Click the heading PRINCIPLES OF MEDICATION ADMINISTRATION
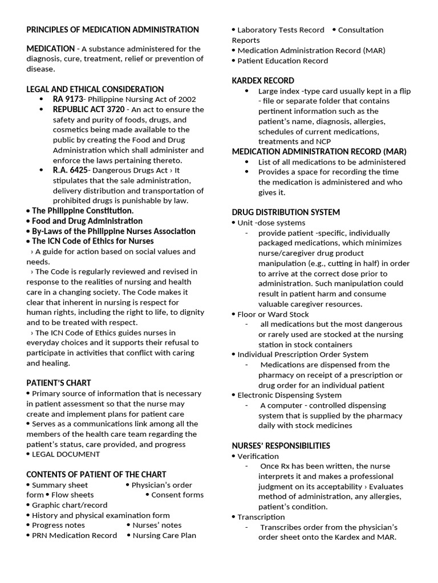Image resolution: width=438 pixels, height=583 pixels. coord(112,30)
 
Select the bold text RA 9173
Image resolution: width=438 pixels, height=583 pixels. coord(68,99)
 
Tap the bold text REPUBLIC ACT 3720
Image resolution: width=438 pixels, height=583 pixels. coord(88,109)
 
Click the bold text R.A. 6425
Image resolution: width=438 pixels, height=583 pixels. coord(70,170)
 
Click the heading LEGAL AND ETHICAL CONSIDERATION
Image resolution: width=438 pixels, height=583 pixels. coord(95,89)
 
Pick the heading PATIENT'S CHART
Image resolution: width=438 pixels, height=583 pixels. coord(58,383)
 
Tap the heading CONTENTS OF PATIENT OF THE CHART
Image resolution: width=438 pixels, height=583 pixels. coord(96,474)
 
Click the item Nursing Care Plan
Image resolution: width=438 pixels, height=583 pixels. coord(164,535)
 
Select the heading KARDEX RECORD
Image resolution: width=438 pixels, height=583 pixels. coord(263,80)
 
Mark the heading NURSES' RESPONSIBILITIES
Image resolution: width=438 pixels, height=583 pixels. coord(281,446)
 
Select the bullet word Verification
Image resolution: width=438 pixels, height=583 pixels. coord(258,456)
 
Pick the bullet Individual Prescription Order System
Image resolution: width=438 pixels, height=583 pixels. coord(303,354)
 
